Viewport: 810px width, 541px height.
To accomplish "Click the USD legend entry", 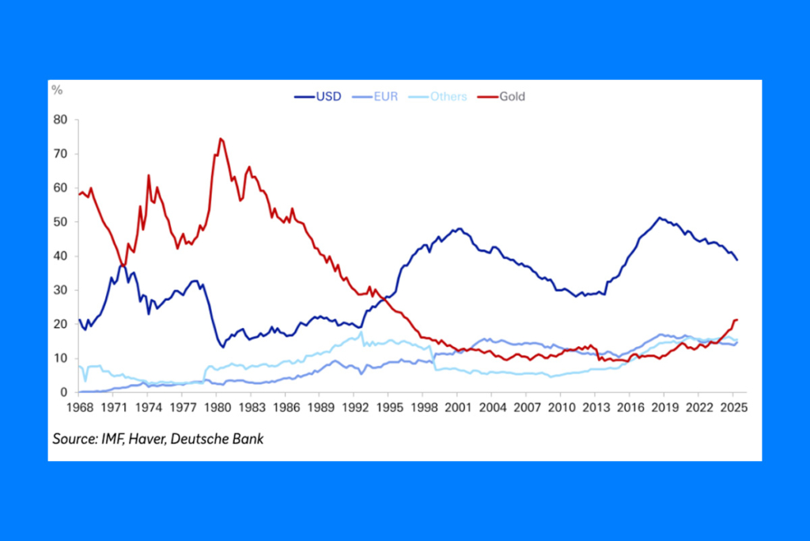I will click(318, 97).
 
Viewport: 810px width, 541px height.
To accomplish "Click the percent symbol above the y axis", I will click(57, 90).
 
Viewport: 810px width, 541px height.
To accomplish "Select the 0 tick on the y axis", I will click(64, 393).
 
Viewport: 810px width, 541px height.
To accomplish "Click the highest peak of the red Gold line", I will click(221, 139).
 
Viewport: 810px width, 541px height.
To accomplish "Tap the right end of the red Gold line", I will click(737, 320).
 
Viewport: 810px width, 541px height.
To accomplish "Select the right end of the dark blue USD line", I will click(737, 260).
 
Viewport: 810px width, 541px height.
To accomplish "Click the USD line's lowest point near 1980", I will click(222, 347).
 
